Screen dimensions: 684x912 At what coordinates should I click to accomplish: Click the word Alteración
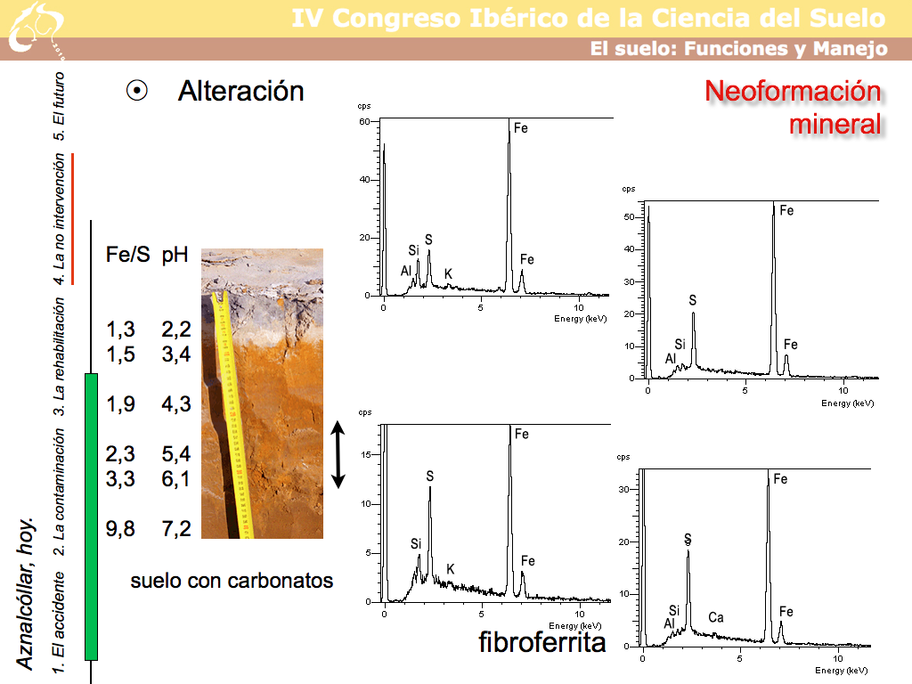(x=240, y=91)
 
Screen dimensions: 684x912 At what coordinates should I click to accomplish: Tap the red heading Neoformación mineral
(x=793, y=107)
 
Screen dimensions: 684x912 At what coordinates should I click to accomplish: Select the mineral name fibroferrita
(x=541, y=642)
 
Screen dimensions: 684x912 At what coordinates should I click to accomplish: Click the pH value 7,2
(x=176, y=529)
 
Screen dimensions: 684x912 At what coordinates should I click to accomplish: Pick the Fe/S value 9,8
(x=120, y=529)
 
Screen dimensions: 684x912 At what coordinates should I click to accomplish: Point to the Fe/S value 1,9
(x=120, y=404)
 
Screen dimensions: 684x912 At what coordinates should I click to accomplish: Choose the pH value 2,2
(x=176, y=330)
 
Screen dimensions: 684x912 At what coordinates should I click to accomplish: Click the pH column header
(x=175, y=255)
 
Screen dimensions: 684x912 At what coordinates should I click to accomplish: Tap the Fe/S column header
(x=127, y=255)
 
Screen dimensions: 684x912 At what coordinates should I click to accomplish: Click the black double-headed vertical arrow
(x=338, y=454)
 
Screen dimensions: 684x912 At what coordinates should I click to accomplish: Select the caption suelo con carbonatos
(x=232, y=581)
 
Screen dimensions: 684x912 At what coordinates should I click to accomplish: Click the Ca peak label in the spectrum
(x=716, y=617)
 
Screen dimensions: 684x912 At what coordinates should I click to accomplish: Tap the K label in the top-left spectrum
(x=448, y=273)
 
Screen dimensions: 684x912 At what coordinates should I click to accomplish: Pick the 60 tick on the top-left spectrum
(x=363, y=121)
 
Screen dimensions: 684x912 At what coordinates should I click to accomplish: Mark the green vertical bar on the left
(x=90, y=517)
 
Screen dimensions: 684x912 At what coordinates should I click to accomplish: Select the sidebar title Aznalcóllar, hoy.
(x=26, y=592)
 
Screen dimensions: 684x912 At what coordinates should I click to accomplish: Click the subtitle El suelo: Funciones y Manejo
(x=738, y=49)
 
